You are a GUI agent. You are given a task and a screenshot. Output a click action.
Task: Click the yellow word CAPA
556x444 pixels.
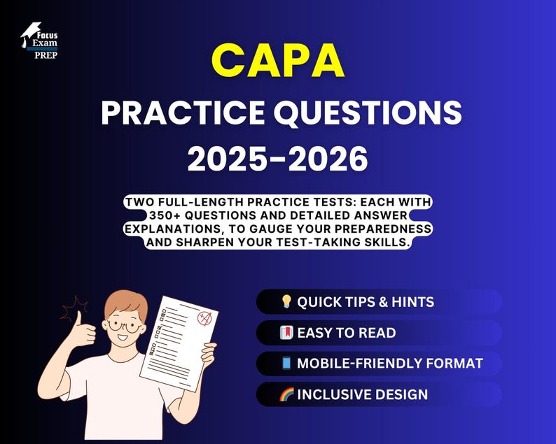(278, 62)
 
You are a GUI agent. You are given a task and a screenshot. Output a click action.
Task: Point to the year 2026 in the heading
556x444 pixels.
(329, 160)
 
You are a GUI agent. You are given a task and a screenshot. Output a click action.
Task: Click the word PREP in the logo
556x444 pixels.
(46, 55)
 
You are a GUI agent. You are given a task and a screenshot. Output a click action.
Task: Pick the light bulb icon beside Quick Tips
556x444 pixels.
(286, 302)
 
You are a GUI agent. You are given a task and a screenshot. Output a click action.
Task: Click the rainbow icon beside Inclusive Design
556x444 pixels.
(286, 394)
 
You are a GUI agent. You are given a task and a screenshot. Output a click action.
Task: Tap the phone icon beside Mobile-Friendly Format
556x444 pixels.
(286, 364)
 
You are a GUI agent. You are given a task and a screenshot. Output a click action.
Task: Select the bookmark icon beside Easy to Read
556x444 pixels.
(286, 333)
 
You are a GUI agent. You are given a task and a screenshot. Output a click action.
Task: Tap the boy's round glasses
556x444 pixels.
(123, 324)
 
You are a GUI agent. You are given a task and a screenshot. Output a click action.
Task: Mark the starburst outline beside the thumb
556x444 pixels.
(74, 308)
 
